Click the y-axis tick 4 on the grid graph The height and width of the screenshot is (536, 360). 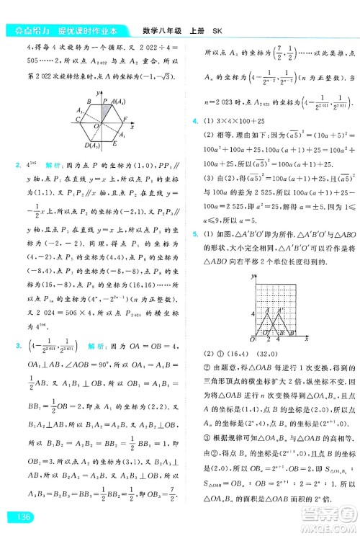251,313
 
